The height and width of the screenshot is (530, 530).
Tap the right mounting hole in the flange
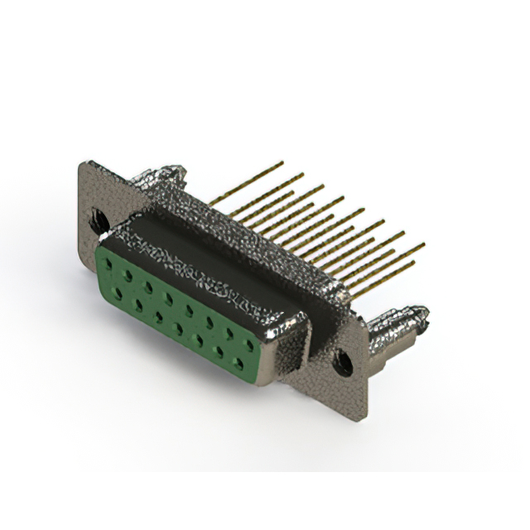tap(342, 361)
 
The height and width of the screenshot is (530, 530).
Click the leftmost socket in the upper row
tap(108, 263)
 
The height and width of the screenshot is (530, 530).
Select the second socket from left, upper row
tap(128, 274)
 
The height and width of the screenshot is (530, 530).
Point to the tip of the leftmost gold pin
tap(282, 163)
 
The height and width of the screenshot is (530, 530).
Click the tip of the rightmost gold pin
tap(423, 244)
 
